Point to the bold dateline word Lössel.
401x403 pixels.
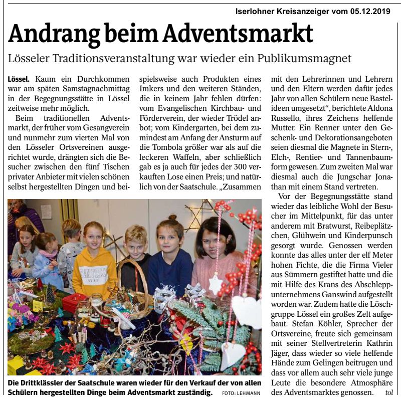pyautogui.click(x=19, y=80)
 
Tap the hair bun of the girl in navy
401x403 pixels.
pyautogui.click(x=172, y=218)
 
